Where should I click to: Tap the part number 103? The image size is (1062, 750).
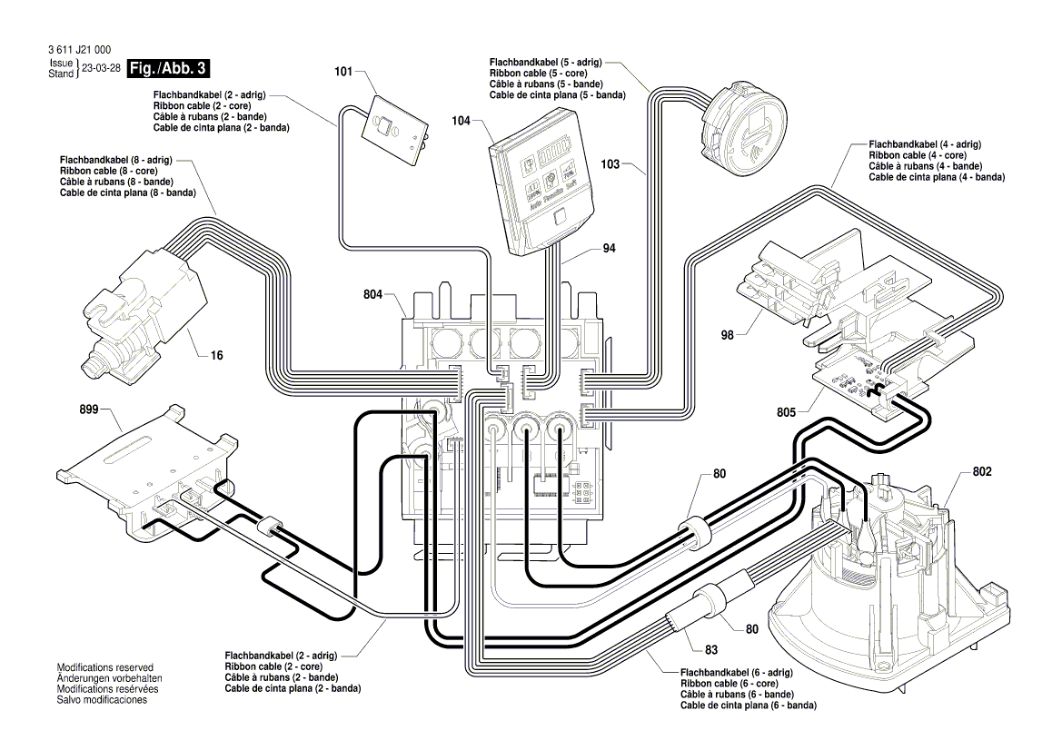[x=610, y=164]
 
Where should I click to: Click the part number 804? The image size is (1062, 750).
[x=373, y=294]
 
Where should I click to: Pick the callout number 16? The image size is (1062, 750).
[x=216, y=355]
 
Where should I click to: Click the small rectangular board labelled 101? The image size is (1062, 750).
[x=393, y=131]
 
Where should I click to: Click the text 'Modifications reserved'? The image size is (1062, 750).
[x=105, y=667]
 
